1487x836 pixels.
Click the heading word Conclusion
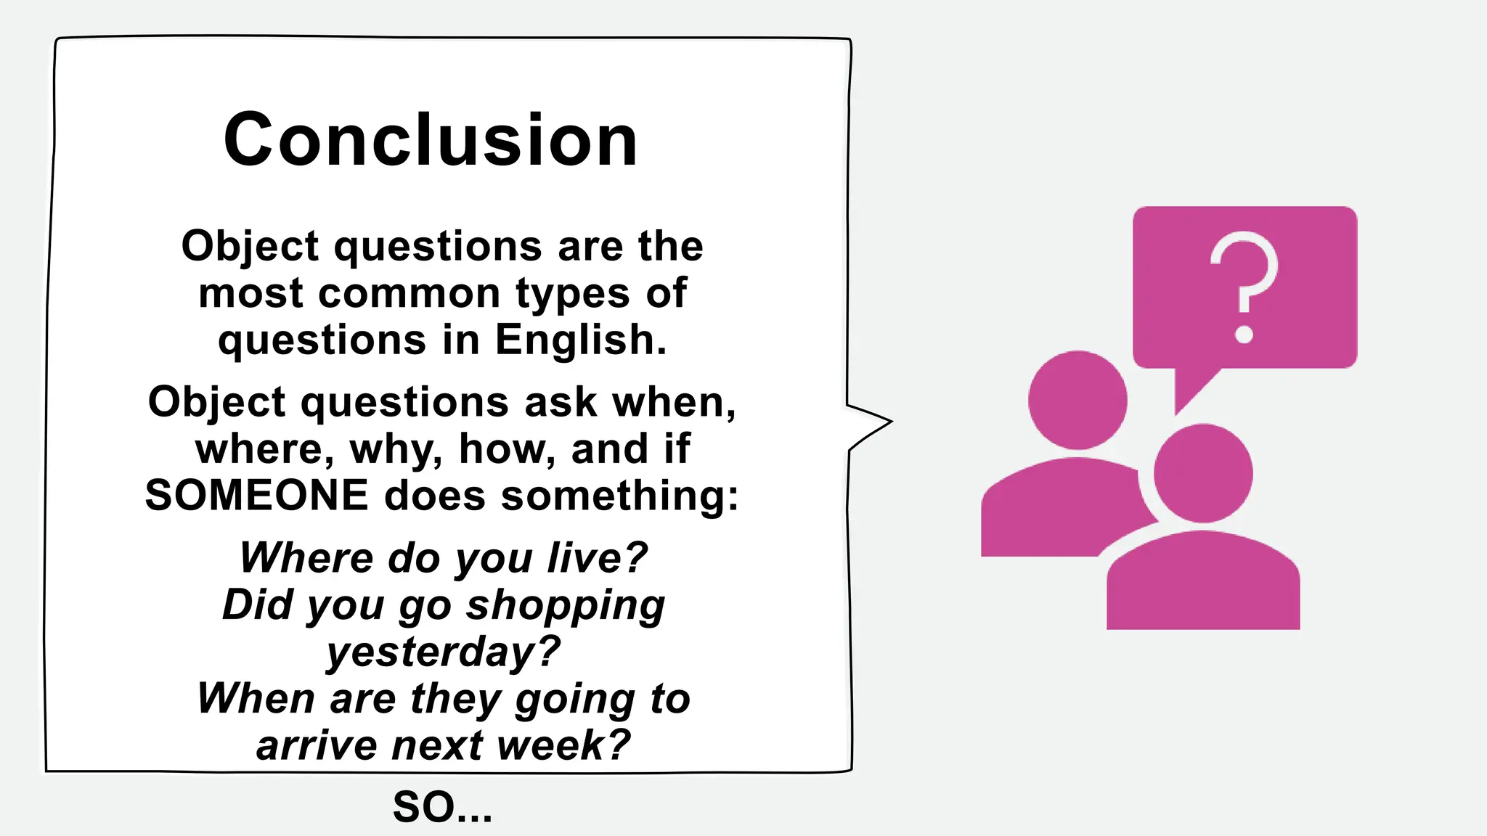pyautogui.click(x=431, y=140)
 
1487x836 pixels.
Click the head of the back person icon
pyautogui.click(x=1077, y=400)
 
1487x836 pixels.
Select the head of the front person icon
pyautogui.click(x=1203, y=473)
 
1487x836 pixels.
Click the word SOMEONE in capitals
pyautogui.click(x=257, y=496)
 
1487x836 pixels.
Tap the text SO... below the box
pyautogui.click(x=442, y=807)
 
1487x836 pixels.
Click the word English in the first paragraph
pyautogui.click(x=580, y=340)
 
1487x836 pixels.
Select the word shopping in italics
pyautogui.click(x=565, y=605)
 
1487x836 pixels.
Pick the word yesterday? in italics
pyautogui.click(x=443, y=652)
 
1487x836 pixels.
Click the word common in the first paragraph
pyautogui.click(x=409, y=293)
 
